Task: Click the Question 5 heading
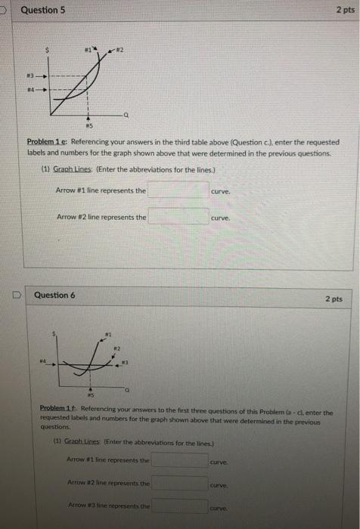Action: (x=43, y=11)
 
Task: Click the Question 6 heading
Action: (x=55, y=295)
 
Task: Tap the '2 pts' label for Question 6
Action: (x=333, y=299)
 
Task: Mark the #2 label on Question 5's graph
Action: (x=117, y=49)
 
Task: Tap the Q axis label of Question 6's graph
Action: (x=129, y=389)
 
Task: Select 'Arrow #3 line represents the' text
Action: (x=107, y=506)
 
